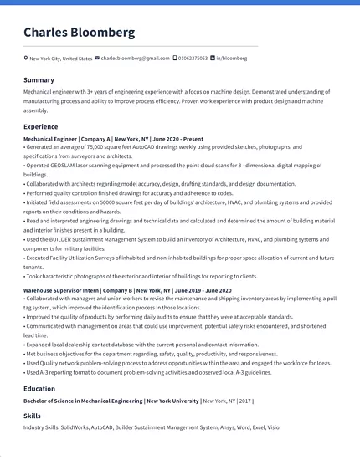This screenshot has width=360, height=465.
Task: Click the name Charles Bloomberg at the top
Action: pos(79,33)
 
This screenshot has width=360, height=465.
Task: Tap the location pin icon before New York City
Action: pos(26,59)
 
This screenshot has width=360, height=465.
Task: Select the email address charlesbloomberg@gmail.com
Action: pos(136,59)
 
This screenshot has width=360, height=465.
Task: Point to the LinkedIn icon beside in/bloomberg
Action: pos(213,59)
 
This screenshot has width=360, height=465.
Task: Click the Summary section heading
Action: pos(39,79)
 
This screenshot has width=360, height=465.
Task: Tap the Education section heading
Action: pos(39,388)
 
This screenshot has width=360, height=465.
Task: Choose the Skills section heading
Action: pos(32,416)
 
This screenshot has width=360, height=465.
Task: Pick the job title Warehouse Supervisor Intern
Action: pos(60,290)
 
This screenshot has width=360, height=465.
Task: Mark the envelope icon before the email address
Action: pos(98,59)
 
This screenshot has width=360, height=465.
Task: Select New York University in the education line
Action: pos(172,401)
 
